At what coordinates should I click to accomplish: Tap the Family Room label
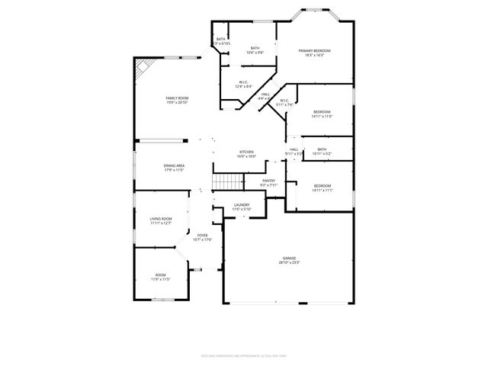177,98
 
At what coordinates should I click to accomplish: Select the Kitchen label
246,152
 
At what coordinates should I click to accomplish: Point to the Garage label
289,258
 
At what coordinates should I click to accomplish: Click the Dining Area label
174,165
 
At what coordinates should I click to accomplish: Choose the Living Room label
160,219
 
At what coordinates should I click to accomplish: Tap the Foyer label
203,235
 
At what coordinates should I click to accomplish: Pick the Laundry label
242,204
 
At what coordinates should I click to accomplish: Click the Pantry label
268,181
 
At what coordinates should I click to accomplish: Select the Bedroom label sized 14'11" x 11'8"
322,112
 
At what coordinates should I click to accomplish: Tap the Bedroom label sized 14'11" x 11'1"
322,186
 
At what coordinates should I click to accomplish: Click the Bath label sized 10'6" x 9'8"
253,48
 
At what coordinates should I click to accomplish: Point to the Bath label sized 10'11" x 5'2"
322,149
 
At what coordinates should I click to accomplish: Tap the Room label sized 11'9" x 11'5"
160,274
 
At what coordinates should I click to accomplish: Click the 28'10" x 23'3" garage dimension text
289,263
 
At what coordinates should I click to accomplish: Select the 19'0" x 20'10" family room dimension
177,103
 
